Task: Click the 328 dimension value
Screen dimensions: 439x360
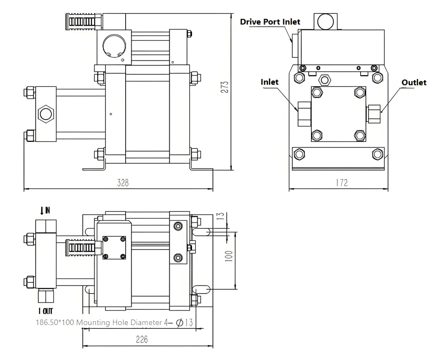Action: [123, 183]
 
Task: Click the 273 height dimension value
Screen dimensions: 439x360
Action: [225, 87]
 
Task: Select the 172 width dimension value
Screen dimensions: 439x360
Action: [342, 183]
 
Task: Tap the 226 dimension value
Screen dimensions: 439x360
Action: [141, 339]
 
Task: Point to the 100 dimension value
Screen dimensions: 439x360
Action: [229, 256]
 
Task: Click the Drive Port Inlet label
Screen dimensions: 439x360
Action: [270, 22]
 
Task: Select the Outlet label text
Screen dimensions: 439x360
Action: [414, 83]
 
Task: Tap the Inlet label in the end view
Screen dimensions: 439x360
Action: [270, 82]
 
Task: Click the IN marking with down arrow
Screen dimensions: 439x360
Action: [45, 210]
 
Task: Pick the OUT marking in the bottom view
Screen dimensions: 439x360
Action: [45, 311]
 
